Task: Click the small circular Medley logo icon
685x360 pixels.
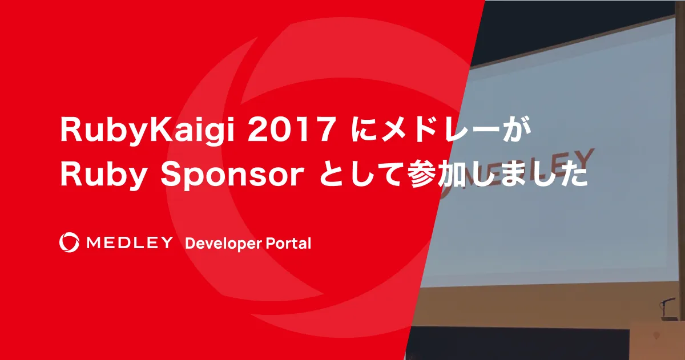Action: pos(69,242)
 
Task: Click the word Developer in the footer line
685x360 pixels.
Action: pos(222,244)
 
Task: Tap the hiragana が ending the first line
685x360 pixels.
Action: pos(518,132)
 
